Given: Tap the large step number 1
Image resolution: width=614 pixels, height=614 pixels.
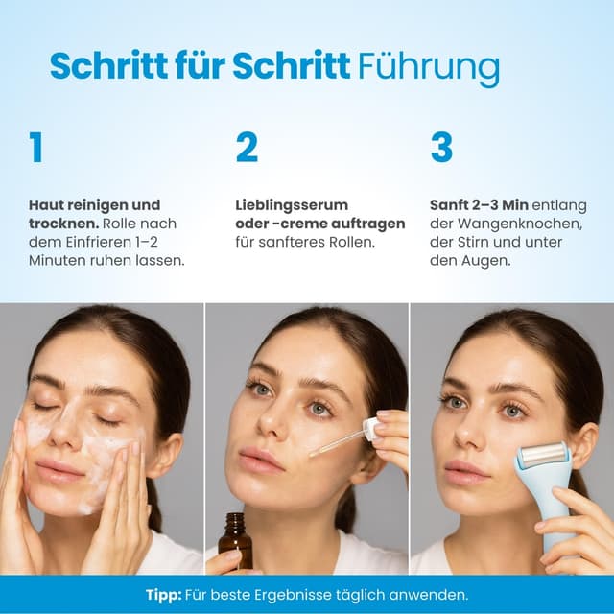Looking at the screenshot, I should (36, 148).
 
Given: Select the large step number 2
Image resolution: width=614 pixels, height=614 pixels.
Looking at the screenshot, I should (247, 148).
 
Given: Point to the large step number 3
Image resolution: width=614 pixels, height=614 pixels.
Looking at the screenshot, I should (441, 148).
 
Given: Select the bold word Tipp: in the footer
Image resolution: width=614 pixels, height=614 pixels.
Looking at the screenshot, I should (164, 595).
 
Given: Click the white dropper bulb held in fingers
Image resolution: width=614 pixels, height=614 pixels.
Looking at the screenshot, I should (372, 429).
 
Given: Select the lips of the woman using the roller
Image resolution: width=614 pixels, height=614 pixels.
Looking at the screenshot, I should (467, 471).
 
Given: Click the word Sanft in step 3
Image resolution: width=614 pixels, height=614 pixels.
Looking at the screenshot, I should (451, 205).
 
